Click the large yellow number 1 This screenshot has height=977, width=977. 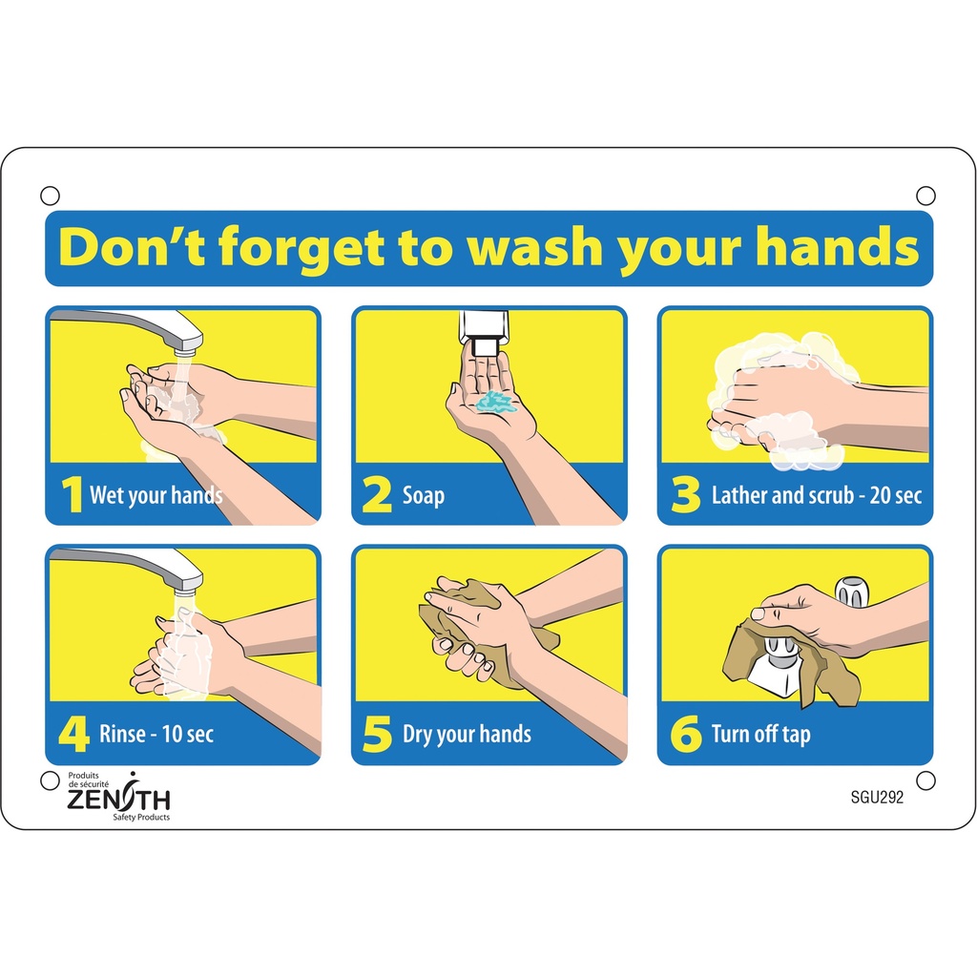(x=71, y=494)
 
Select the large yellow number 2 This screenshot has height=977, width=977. (x=378, y=495)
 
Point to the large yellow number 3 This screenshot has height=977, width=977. (x=685, y=495)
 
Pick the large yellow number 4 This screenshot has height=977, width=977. (x=73, y=734)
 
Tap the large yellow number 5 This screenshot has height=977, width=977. (x=378, y=735)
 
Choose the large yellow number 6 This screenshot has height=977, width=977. (x=685, y=735)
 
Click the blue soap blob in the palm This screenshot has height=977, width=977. (x=494, y=401)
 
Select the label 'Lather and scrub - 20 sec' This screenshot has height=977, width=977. (x=816, y=495)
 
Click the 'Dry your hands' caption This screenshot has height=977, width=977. (x=467, y=734)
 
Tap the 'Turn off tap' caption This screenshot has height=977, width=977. (x=760, y=734)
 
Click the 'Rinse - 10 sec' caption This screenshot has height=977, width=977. (x=156, y=734)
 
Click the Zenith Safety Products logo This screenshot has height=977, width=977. (x=118, y=796)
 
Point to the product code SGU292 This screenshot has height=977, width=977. (x=876, y=800)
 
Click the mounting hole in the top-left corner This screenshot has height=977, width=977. (x=51, y=196)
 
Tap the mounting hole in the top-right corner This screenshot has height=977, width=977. (x=925, y=196)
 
